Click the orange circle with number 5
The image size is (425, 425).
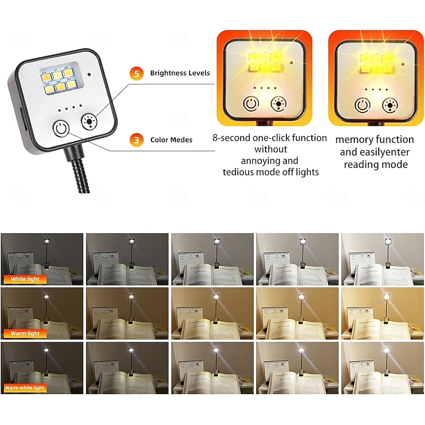click(x=137, y=73)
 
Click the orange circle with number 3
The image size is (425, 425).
click(x=137, y=140)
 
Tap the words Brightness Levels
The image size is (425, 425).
click(x=180, y=73)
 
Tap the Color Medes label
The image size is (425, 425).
click(x=171, y=140)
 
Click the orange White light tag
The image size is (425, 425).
click(x=24, y=278)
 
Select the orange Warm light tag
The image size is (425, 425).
click(x=25, y=333)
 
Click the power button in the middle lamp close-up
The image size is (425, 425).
click(x=250, y=105)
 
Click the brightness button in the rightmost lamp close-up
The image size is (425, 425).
click(x=391, y=105)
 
